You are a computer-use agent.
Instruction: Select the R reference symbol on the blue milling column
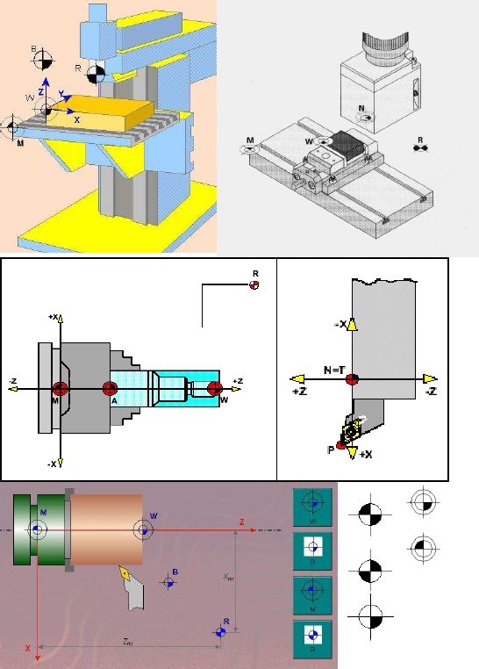[x=97, y=72]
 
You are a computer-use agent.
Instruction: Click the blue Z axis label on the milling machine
[x=41, y=91]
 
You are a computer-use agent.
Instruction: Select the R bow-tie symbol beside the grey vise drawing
[x=420, y=148]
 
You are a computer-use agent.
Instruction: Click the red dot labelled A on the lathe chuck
[x=110, y=389]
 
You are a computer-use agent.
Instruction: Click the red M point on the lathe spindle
[x=60, y=389]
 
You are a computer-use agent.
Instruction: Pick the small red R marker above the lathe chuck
[x=254, y=286]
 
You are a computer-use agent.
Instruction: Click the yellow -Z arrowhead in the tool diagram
[x=429, y=378]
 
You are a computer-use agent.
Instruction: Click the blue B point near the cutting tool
[x=169, y=581]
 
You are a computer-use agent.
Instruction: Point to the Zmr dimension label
[x=128, y=642]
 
